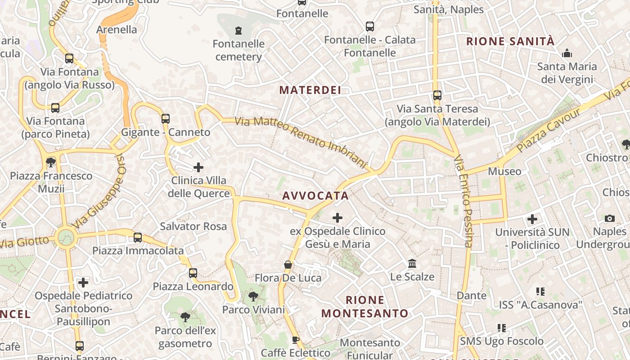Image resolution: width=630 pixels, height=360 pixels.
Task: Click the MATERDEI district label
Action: (x=310, y=90)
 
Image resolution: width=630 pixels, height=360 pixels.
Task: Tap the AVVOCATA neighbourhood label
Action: (x=315, y=196)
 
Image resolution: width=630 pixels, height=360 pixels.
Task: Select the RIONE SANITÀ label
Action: (x=510, y=41)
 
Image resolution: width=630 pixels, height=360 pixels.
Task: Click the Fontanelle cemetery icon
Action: (x=238, y=31)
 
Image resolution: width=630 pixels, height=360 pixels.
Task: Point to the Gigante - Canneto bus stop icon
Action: (x=166, y=119)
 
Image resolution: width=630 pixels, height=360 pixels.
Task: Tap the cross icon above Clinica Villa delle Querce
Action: (x=198, y=168)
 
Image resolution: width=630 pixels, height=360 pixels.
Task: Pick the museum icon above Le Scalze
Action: (x=412, y=263)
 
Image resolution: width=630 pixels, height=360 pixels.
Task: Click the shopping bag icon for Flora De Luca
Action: (x=288, y=265)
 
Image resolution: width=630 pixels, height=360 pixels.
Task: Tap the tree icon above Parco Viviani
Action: (x=253, y=297)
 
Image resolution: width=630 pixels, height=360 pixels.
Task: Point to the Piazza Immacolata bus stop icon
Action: (x=138, y=238)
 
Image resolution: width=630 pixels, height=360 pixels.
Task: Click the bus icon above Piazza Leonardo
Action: (x=193, y=273)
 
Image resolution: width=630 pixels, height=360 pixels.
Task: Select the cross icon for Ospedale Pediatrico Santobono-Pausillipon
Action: (x=83, y=283)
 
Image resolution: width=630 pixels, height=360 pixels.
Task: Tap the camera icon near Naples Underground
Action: (x=610, y=218)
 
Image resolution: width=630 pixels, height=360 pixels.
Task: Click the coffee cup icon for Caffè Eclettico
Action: (x=296, y=340)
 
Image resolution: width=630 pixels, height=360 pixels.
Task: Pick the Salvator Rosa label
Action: (x=193, y=226)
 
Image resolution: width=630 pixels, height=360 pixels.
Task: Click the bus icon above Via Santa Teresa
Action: (x=437, y=95)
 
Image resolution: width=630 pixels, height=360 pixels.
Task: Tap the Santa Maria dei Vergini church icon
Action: (x=567, y=54)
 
